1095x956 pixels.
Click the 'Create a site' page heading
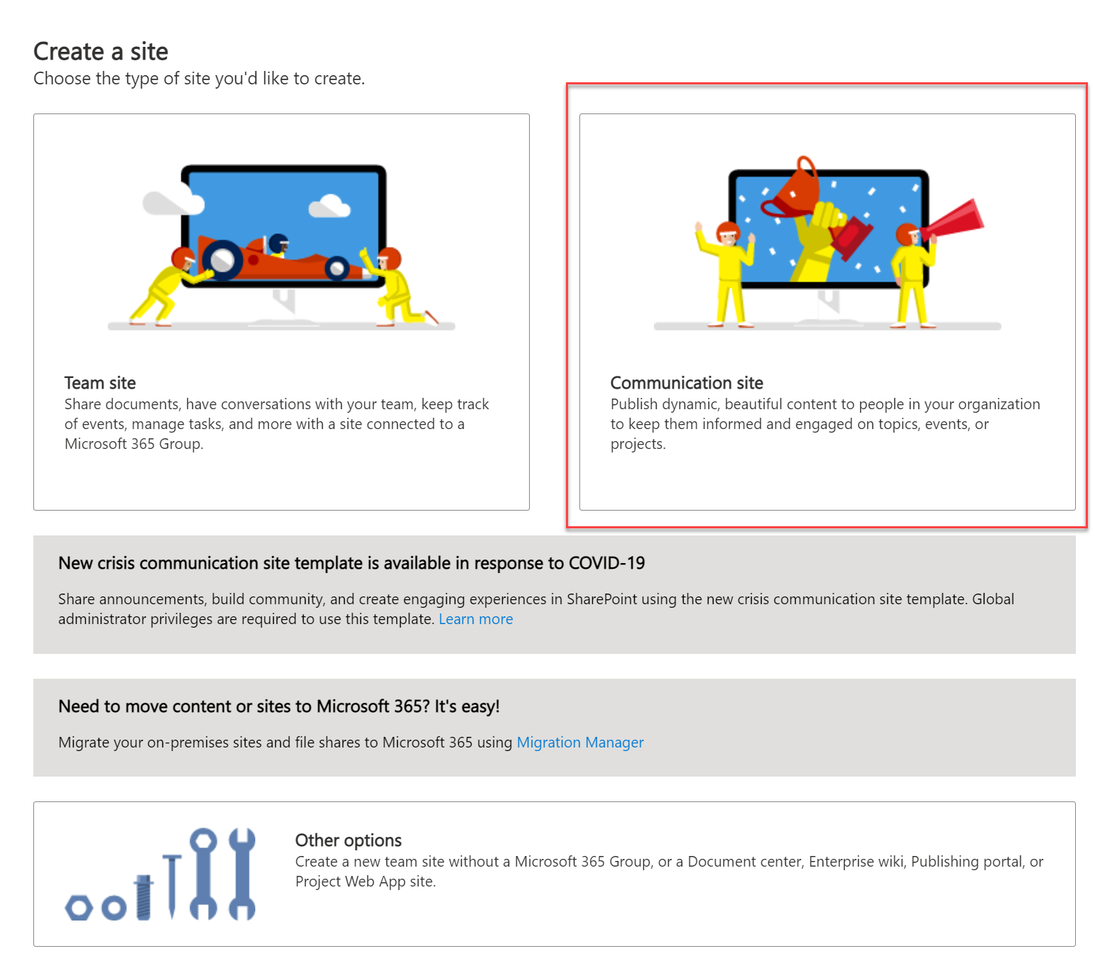coord(101,52)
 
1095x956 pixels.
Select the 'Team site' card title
coord(100,383)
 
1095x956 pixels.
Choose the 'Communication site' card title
coord(687,383)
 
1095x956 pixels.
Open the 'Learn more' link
coord(476,619)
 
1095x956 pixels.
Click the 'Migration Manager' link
coord(580,743)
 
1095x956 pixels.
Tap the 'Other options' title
coord(348,840)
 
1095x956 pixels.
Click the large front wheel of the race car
coord(223,260)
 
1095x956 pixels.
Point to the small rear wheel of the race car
coord(337,268)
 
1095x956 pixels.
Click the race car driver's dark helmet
coord(279,243)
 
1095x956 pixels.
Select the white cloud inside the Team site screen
coord(330,206)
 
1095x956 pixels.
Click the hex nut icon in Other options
coord(79,907)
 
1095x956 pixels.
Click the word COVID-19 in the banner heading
coord(606,563)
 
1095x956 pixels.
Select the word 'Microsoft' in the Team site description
coord(96,444)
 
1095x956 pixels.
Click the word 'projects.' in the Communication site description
coord(638,444)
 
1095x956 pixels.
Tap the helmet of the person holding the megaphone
coord(907,234)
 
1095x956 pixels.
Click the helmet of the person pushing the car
coord(182,257)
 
